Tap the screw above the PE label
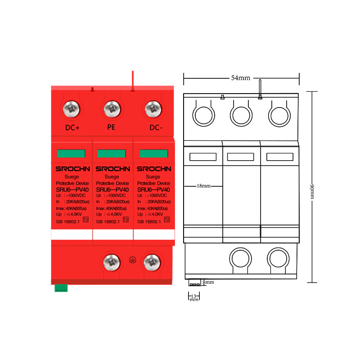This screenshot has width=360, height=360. pyautogui.click(x=112, y=109)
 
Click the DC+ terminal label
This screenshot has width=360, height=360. pyautogui.click(x=72, y=128)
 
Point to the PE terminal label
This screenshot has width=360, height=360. pyautogui.click(x=112, y=127)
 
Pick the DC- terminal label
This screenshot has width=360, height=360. pyautogui.click(x=156, y=128)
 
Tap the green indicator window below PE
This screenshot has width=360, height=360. pyautogui.click(x=112, y=154)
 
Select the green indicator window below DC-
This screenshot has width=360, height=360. pyautogui.click(x=153, y=154)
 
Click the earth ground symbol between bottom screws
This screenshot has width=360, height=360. pyautogui.click(x=132, y=260)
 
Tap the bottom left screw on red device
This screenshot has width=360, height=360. pyautogui.click(x=111, y=261)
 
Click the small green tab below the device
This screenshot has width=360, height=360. pyautogui.click(x=61, y=288)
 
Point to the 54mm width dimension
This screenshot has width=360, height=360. pyautogui.click(x=241, y=78)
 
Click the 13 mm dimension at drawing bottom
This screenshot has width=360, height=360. pyautogui.click(x=194, y=298)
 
